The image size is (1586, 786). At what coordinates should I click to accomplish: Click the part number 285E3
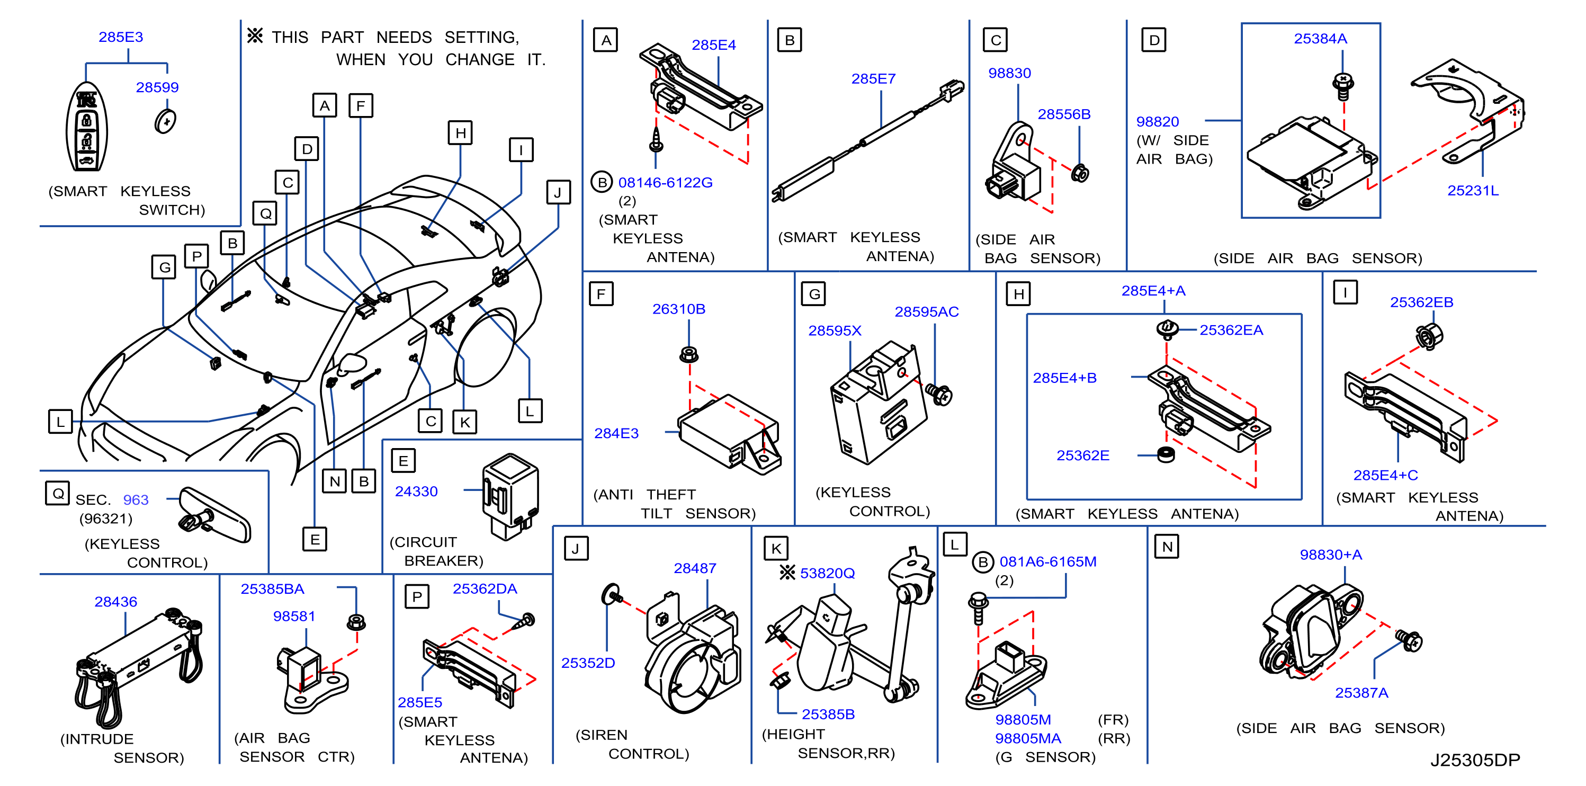121,37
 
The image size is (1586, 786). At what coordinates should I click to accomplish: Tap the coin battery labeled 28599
165,121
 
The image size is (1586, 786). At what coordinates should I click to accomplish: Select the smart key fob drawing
87,127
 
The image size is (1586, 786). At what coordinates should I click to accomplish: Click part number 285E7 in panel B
873,79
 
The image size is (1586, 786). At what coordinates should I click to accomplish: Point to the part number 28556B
1064,114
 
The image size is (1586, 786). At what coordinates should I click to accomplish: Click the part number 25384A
1320,39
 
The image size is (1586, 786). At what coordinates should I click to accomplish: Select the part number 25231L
1473,190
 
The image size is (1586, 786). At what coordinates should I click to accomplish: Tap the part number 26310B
678,309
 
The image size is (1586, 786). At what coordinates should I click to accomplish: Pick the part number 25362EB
1422,302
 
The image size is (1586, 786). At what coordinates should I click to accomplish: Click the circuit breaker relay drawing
510,496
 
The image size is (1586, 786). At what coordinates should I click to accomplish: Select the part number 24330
416,492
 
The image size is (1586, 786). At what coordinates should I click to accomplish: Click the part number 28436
116,602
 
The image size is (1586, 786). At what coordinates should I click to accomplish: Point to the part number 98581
294,616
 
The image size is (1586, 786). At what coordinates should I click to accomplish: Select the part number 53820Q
828,573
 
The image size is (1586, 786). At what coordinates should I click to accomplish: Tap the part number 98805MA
1028,738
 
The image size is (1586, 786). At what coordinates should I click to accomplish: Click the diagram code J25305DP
1475,760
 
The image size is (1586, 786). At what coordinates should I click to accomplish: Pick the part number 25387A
1361,693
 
